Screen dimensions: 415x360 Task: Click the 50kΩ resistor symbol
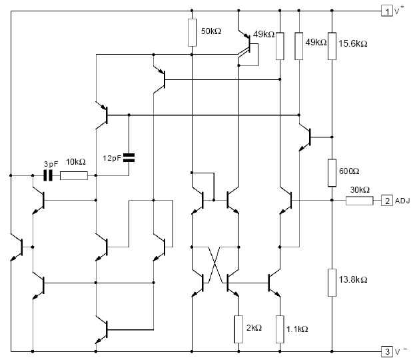192,33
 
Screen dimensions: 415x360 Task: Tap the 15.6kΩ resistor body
332,46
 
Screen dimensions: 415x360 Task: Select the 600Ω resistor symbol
332,173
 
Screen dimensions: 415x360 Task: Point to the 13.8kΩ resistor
332,283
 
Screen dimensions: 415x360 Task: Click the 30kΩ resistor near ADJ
360,201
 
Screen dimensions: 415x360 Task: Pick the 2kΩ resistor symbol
238,329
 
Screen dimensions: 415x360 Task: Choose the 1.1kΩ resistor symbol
280,329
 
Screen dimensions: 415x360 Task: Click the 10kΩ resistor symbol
74,175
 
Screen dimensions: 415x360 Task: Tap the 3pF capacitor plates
48,175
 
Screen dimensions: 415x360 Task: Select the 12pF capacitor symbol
129,157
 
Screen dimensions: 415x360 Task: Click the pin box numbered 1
387,11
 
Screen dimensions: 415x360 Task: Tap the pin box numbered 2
387,201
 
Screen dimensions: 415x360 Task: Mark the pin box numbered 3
387,352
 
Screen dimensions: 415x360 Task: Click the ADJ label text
402,201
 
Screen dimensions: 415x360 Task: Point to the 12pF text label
112,158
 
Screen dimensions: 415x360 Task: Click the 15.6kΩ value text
353,44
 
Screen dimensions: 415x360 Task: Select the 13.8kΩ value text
353,279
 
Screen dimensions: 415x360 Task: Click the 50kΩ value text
211,31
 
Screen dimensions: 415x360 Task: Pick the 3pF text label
51,164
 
